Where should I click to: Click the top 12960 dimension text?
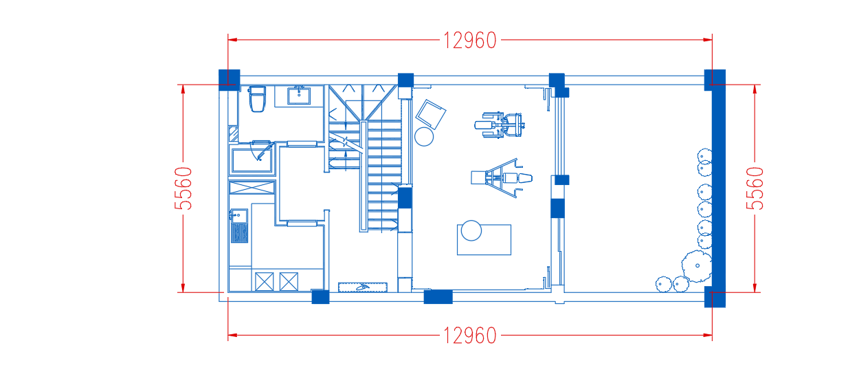coord(469,41)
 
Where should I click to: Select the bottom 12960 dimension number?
coord(469,336)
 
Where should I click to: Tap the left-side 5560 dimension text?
coord(183,188)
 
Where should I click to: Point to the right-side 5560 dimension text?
coord(755,188)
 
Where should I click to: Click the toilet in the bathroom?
coord(258,99)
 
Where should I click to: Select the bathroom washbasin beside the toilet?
coord(299,96)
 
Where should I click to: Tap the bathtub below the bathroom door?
coord(252,160)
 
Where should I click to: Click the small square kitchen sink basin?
coord(239,216)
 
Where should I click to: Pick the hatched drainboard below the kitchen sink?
coord(239,233)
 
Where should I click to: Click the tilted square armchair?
coord(431,114)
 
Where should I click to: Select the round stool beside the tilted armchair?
coord(424,137)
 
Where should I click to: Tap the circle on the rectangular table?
coord(471,230)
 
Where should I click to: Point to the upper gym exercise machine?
coord(500,124)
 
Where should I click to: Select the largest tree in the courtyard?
coord(697,266)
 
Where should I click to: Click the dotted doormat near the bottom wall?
coord(363,287)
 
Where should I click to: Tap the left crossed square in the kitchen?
coord(265,282)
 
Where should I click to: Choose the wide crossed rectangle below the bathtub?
coord(252,188)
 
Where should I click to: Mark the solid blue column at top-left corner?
coord(230,80)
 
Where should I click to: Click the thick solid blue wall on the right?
coord(719,188)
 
